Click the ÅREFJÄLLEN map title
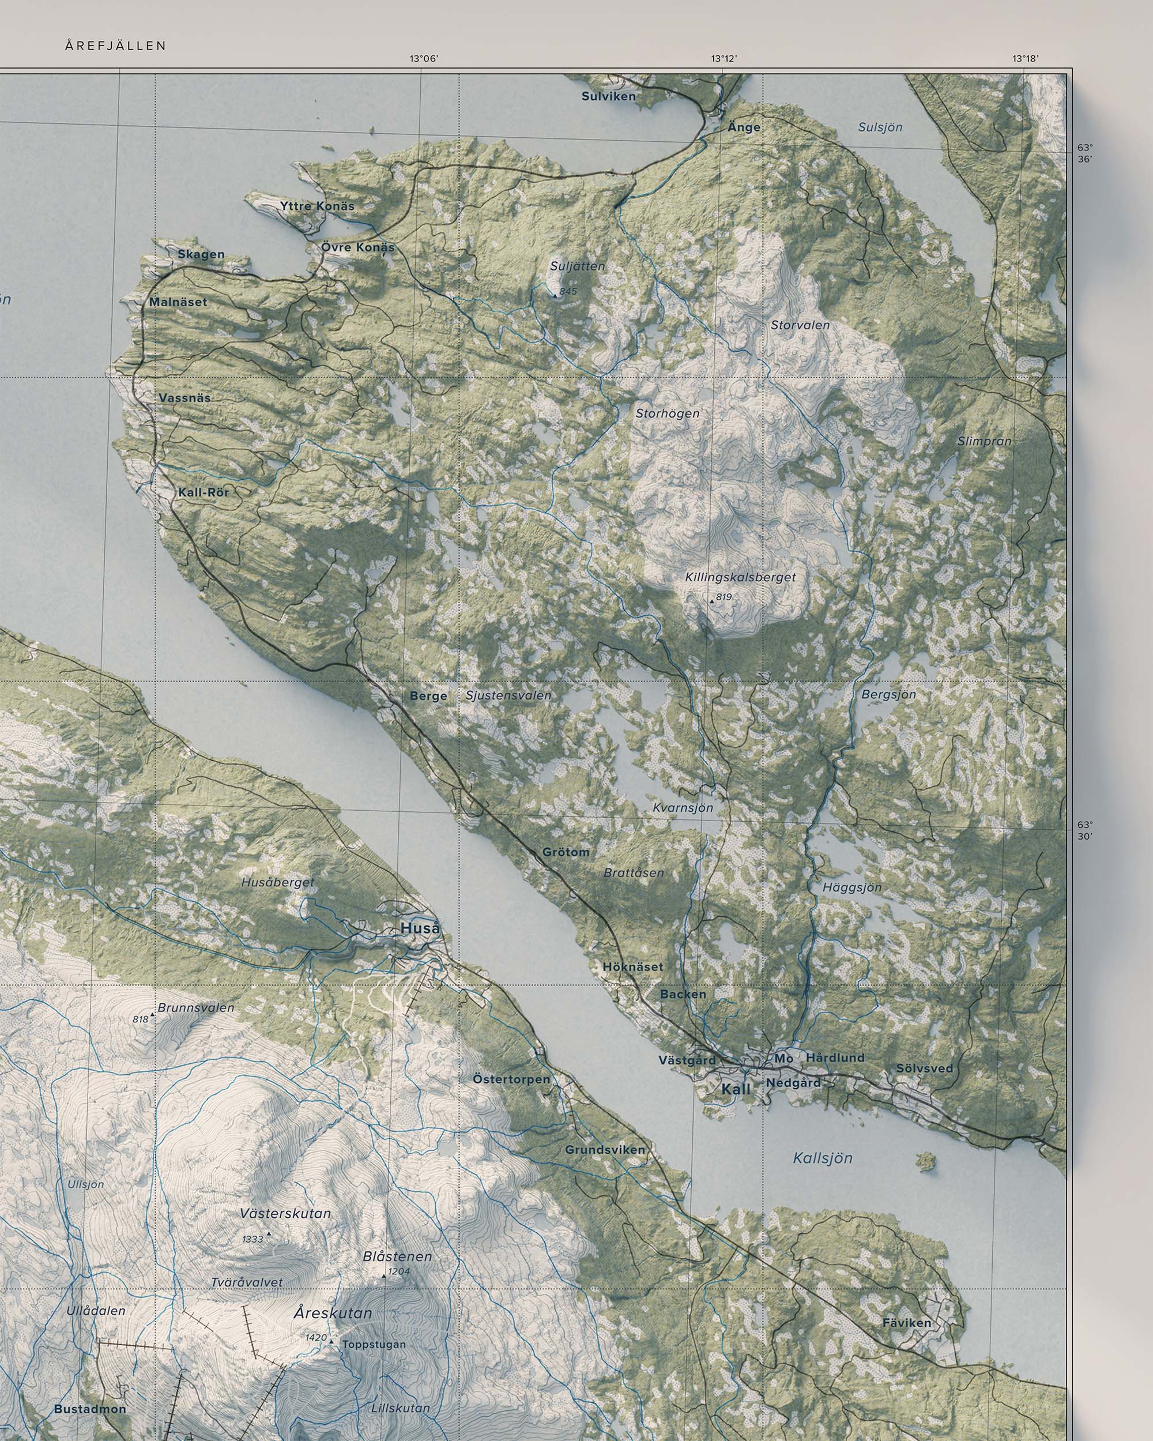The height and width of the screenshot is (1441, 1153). click(x=116, y=46)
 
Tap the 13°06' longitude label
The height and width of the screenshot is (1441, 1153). click(x=424, y=59)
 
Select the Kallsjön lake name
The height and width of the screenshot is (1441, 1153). click(x=823, y=1158)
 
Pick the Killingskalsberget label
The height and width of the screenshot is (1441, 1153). click(x=741, y=577)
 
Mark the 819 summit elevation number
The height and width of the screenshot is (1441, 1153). click(x=723, y=597)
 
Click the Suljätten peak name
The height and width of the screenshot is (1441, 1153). click(x=577, y=266)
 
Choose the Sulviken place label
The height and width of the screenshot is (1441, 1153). click(x=608, y=96)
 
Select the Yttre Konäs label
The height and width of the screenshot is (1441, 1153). click(x=318, y=206)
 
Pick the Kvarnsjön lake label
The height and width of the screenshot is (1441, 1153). click(x=683, y=807)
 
